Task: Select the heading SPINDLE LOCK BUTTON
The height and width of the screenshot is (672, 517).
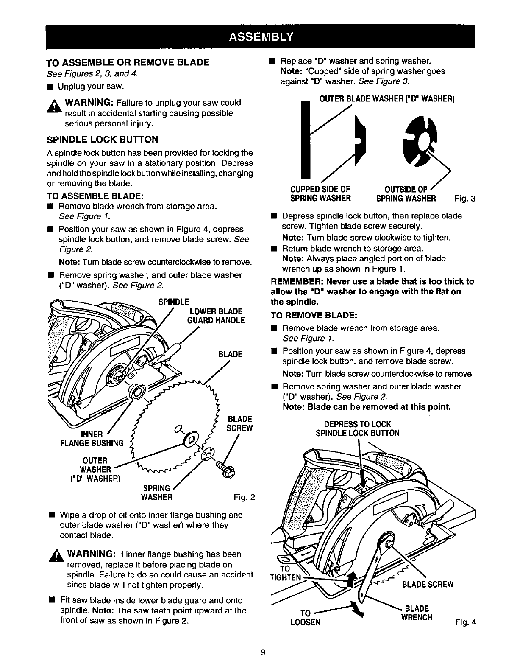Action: tap(102, 140)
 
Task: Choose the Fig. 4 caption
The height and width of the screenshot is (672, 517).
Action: tap(466, 622)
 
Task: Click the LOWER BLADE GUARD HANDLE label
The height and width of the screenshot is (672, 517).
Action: tap(216, 316)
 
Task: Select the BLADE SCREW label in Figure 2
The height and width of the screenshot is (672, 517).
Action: tap(239, 423)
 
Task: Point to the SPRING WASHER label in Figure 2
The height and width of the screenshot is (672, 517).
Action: tap(157, 493)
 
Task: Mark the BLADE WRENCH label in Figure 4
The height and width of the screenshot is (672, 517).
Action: tap(417, 613)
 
